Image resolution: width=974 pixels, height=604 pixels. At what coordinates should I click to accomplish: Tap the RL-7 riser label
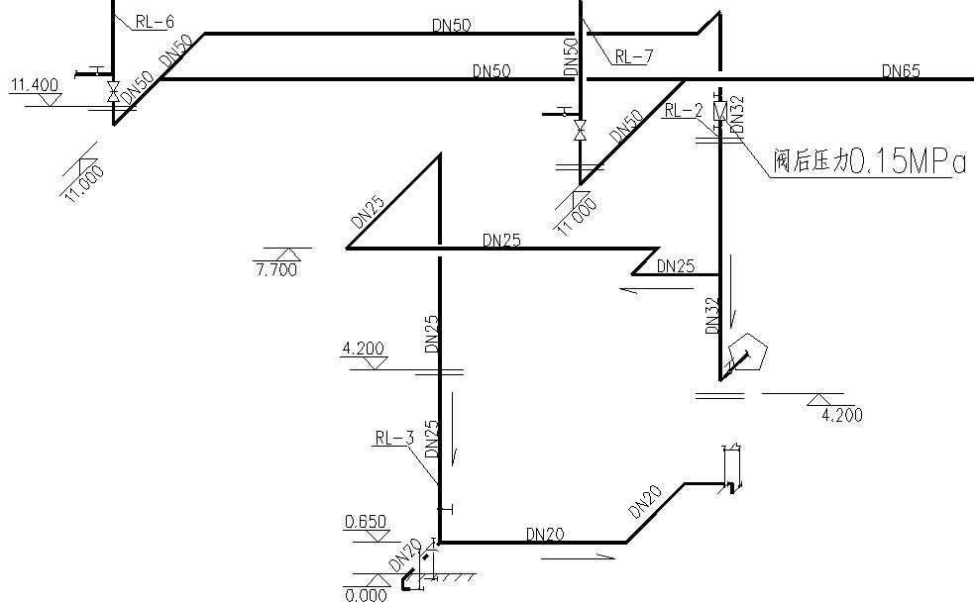tap(633, 56)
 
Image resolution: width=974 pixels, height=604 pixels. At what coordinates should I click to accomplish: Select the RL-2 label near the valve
tap(683, 111)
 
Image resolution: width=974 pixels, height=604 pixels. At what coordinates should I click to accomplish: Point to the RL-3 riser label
tap(393, 437)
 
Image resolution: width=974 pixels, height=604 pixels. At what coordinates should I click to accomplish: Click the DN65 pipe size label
tap(901, 70)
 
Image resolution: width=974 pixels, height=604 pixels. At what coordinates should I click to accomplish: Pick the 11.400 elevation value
tap(34, 85)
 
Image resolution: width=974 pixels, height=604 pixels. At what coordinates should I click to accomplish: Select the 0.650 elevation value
tap(365, 522)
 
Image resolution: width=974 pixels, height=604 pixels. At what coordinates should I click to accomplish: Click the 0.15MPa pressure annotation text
tap(907, 162)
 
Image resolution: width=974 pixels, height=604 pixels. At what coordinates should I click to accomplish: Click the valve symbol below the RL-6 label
tap(113, 92)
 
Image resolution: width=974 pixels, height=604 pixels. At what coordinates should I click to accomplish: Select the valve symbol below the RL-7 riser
tap(581, 130)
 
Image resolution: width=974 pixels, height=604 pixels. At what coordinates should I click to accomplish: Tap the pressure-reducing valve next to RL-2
tap(720, 111)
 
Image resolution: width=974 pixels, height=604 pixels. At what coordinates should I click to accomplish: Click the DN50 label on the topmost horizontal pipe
tap(452, 25)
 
